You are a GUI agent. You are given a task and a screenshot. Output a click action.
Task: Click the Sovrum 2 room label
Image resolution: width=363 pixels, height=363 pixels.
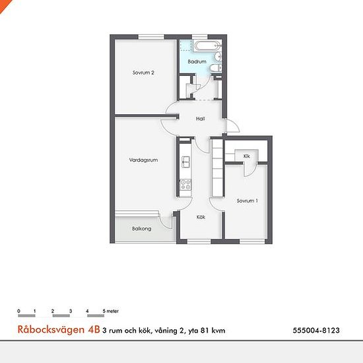point(143,73)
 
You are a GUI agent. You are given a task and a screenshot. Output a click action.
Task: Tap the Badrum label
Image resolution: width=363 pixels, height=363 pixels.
point(197,61)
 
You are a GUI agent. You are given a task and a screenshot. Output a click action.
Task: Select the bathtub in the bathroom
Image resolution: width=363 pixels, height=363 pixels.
point(207,46)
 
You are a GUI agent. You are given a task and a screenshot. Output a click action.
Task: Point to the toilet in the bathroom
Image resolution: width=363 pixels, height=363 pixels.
point(216,68)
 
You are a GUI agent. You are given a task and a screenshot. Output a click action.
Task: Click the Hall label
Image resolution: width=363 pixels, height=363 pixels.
point(201,119)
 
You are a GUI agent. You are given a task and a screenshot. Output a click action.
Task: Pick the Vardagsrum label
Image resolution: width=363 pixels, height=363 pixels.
point(143,160)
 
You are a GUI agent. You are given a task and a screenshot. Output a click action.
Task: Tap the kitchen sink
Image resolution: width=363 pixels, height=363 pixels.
point(185,162)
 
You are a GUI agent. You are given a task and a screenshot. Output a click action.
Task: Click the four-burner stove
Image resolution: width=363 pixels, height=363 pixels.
point(185,185)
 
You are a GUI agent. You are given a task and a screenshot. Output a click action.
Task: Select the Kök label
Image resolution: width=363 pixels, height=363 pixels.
point(201,217)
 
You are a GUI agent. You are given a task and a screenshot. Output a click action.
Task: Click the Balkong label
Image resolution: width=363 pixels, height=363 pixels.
point(142,229)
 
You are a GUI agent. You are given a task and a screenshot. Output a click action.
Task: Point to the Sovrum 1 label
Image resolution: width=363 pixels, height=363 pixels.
point(247,201)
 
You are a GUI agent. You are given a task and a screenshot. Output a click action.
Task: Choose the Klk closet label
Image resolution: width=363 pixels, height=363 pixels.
point(247,156)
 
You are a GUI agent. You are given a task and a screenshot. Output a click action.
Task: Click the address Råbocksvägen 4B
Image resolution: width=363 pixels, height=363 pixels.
point(59,329)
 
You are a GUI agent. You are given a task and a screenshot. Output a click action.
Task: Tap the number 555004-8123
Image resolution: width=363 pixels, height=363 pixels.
point(316,331)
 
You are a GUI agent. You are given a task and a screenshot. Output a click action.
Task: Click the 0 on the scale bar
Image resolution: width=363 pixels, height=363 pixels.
point(18,311)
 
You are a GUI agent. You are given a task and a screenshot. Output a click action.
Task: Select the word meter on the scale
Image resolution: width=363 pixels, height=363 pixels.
point(112,311)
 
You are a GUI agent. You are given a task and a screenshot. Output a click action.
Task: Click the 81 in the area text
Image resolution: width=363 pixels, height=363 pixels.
point(205,331)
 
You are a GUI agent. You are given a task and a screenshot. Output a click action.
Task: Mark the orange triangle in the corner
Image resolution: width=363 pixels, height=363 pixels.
point(5,5)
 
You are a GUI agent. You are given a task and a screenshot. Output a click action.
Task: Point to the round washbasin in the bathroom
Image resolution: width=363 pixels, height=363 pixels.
point(218,56)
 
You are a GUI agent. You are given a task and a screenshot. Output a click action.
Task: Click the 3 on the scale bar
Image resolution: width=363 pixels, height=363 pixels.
point(71,311)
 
